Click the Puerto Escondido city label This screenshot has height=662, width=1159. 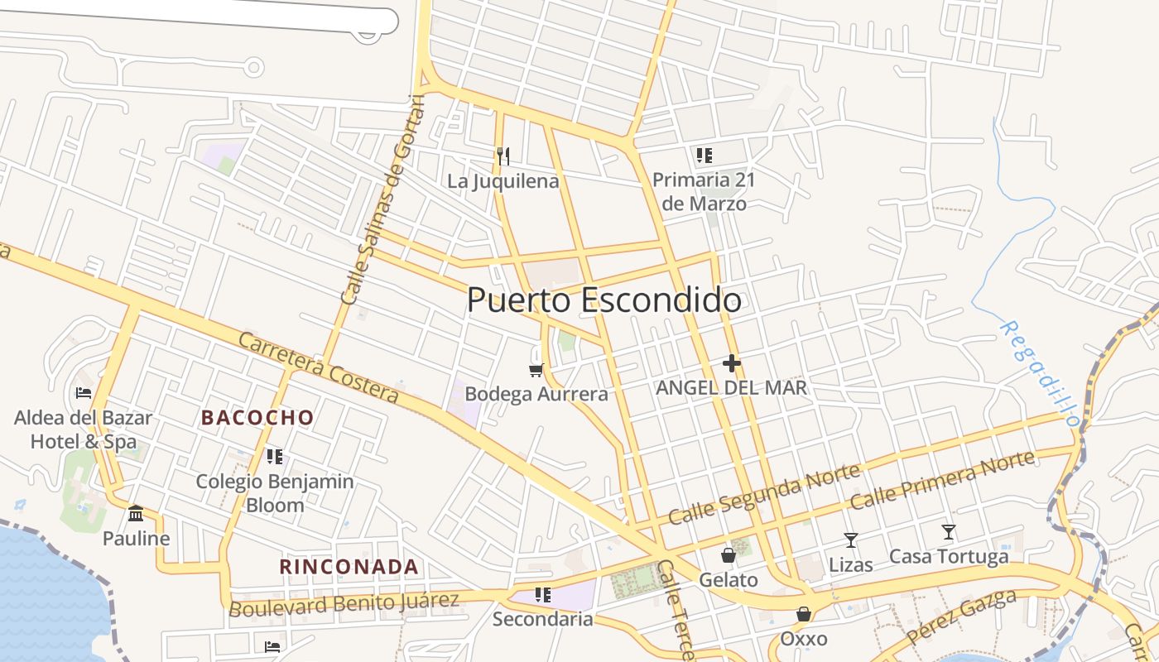coord(604,300)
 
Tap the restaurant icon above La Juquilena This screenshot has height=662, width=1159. coord(503,156)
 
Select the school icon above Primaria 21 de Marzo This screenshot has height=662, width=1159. coord(704,155)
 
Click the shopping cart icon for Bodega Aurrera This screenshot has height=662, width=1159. coord(536,370)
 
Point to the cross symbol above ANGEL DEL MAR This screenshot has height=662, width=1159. coord(731,362)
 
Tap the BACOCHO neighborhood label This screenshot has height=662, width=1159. coord(257,418)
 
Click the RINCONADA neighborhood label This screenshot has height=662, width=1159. coord(349,567)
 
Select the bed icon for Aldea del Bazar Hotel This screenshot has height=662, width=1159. coord(83,392)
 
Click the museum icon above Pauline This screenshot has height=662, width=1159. coord(136,514)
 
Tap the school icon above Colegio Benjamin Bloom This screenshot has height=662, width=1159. coord(275,456)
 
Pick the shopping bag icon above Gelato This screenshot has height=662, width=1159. coord(728,554)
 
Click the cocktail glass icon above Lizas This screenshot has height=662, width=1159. coord(850,540)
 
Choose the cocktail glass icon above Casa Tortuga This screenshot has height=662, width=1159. coord(949,532)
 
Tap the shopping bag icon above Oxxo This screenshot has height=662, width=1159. coord(803,614)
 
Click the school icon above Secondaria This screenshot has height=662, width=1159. coord(542,594)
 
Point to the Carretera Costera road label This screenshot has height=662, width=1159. coord(319,367)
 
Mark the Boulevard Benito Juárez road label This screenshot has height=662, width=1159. coord(344,603)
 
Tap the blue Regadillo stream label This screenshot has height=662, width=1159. coord(1039,372)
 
